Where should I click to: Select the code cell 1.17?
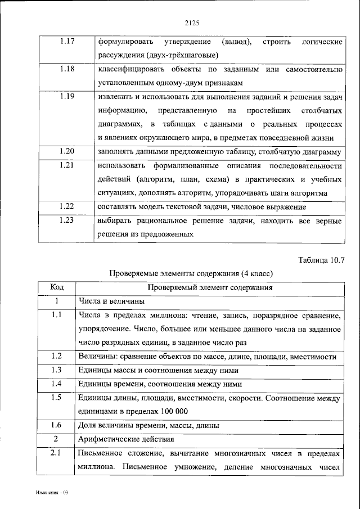(x=66, y=42)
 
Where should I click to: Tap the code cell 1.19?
(x=66, y=96)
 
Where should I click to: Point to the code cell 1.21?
(x=66, y=165)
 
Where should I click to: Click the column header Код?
(x=57, y=287)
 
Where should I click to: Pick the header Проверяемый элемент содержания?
(x=209, y=287)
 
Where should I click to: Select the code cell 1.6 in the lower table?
(x=56, y=425)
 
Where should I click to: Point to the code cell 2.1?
(x=56, y=453)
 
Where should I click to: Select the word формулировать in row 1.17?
(x=124, y=42)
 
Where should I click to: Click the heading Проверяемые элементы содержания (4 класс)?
(x=191, y=273)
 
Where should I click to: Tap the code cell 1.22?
(x=66, y=207)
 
